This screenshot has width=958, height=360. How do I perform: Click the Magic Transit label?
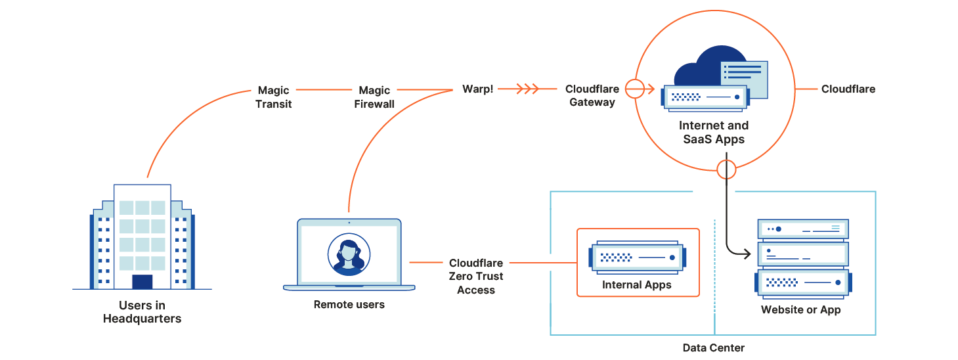(273, 97)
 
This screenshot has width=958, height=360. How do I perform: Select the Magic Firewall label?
(374, 97)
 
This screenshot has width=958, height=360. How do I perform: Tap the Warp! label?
(477, 89)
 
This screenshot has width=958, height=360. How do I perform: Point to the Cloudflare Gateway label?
(592, 95)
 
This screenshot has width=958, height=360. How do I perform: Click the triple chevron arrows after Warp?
(527, 89)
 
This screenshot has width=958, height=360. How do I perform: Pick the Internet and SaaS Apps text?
(713, 131)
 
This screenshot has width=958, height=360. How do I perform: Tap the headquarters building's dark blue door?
(142, 282)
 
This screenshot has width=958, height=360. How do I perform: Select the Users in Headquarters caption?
(142, 312)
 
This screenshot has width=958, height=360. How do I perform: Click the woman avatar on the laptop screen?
(349, 254)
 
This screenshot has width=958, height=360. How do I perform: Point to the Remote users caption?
(349, 304)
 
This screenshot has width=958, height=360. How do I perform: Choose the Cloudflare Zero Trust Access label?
(476, 277)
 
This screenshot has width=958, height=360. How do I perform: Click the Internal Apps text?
(636, 286)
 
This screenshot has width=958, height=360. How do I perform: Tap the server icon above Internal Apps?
(637, 258)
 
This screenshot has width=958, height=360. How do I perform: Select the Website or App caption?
(800, 309)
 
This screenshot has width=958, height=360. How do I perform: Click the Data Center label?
(714, 348)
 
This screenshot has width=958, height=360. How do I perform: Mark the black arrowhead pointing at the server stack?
(747, 253)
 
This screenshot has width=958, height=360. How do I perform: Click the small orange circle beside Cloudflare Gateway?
(634, 89)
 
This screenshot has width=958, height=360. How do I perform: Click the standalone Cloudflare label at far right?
(848, 89)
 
